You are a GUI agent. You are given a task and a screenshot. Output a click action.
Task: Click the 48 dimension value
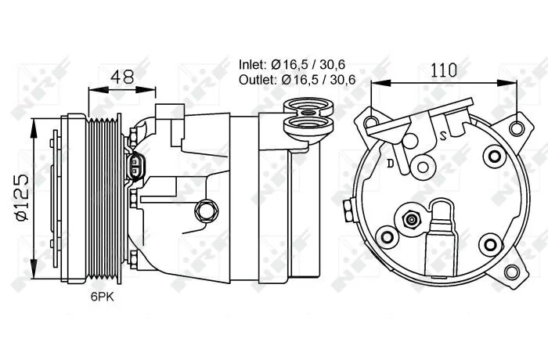click(122, 77)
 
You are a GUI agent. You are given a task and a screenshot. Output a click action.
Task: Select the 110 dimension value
click(444, 70)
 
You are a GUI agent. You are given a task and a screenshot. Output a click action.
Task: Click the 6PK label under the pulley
click(103, 297)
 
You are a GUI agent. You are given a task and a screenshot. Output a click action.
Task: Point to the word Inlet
click(253, 64)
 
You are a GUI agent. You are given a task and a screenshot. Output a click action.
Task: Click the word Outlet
click(258, 80)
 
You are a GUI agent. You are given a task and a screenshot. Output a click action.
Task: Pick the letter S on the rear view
click(443, 135)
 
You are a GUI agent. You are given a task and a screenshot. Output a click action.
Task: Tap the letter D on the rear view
click(391, 163)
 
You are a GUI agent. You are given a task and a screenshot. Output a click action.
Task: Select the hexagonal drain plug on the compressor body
click(205, 211)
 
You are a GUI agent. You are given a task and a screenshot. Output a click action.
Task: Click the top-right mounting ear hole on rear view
click(516, 128)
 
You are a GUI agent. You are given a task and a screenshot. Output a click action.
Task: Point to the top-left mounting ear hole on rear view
click(371, 122)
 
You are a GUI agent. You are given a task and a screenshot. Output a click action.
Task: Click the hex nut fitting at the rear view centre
click(411, 220)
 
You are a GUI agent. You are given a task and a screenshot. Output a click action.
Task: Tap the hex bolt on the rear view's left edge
click(348, 211)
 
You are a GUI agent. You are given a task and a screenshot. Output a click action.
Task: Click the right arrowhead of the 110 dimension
click(507, 83)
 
